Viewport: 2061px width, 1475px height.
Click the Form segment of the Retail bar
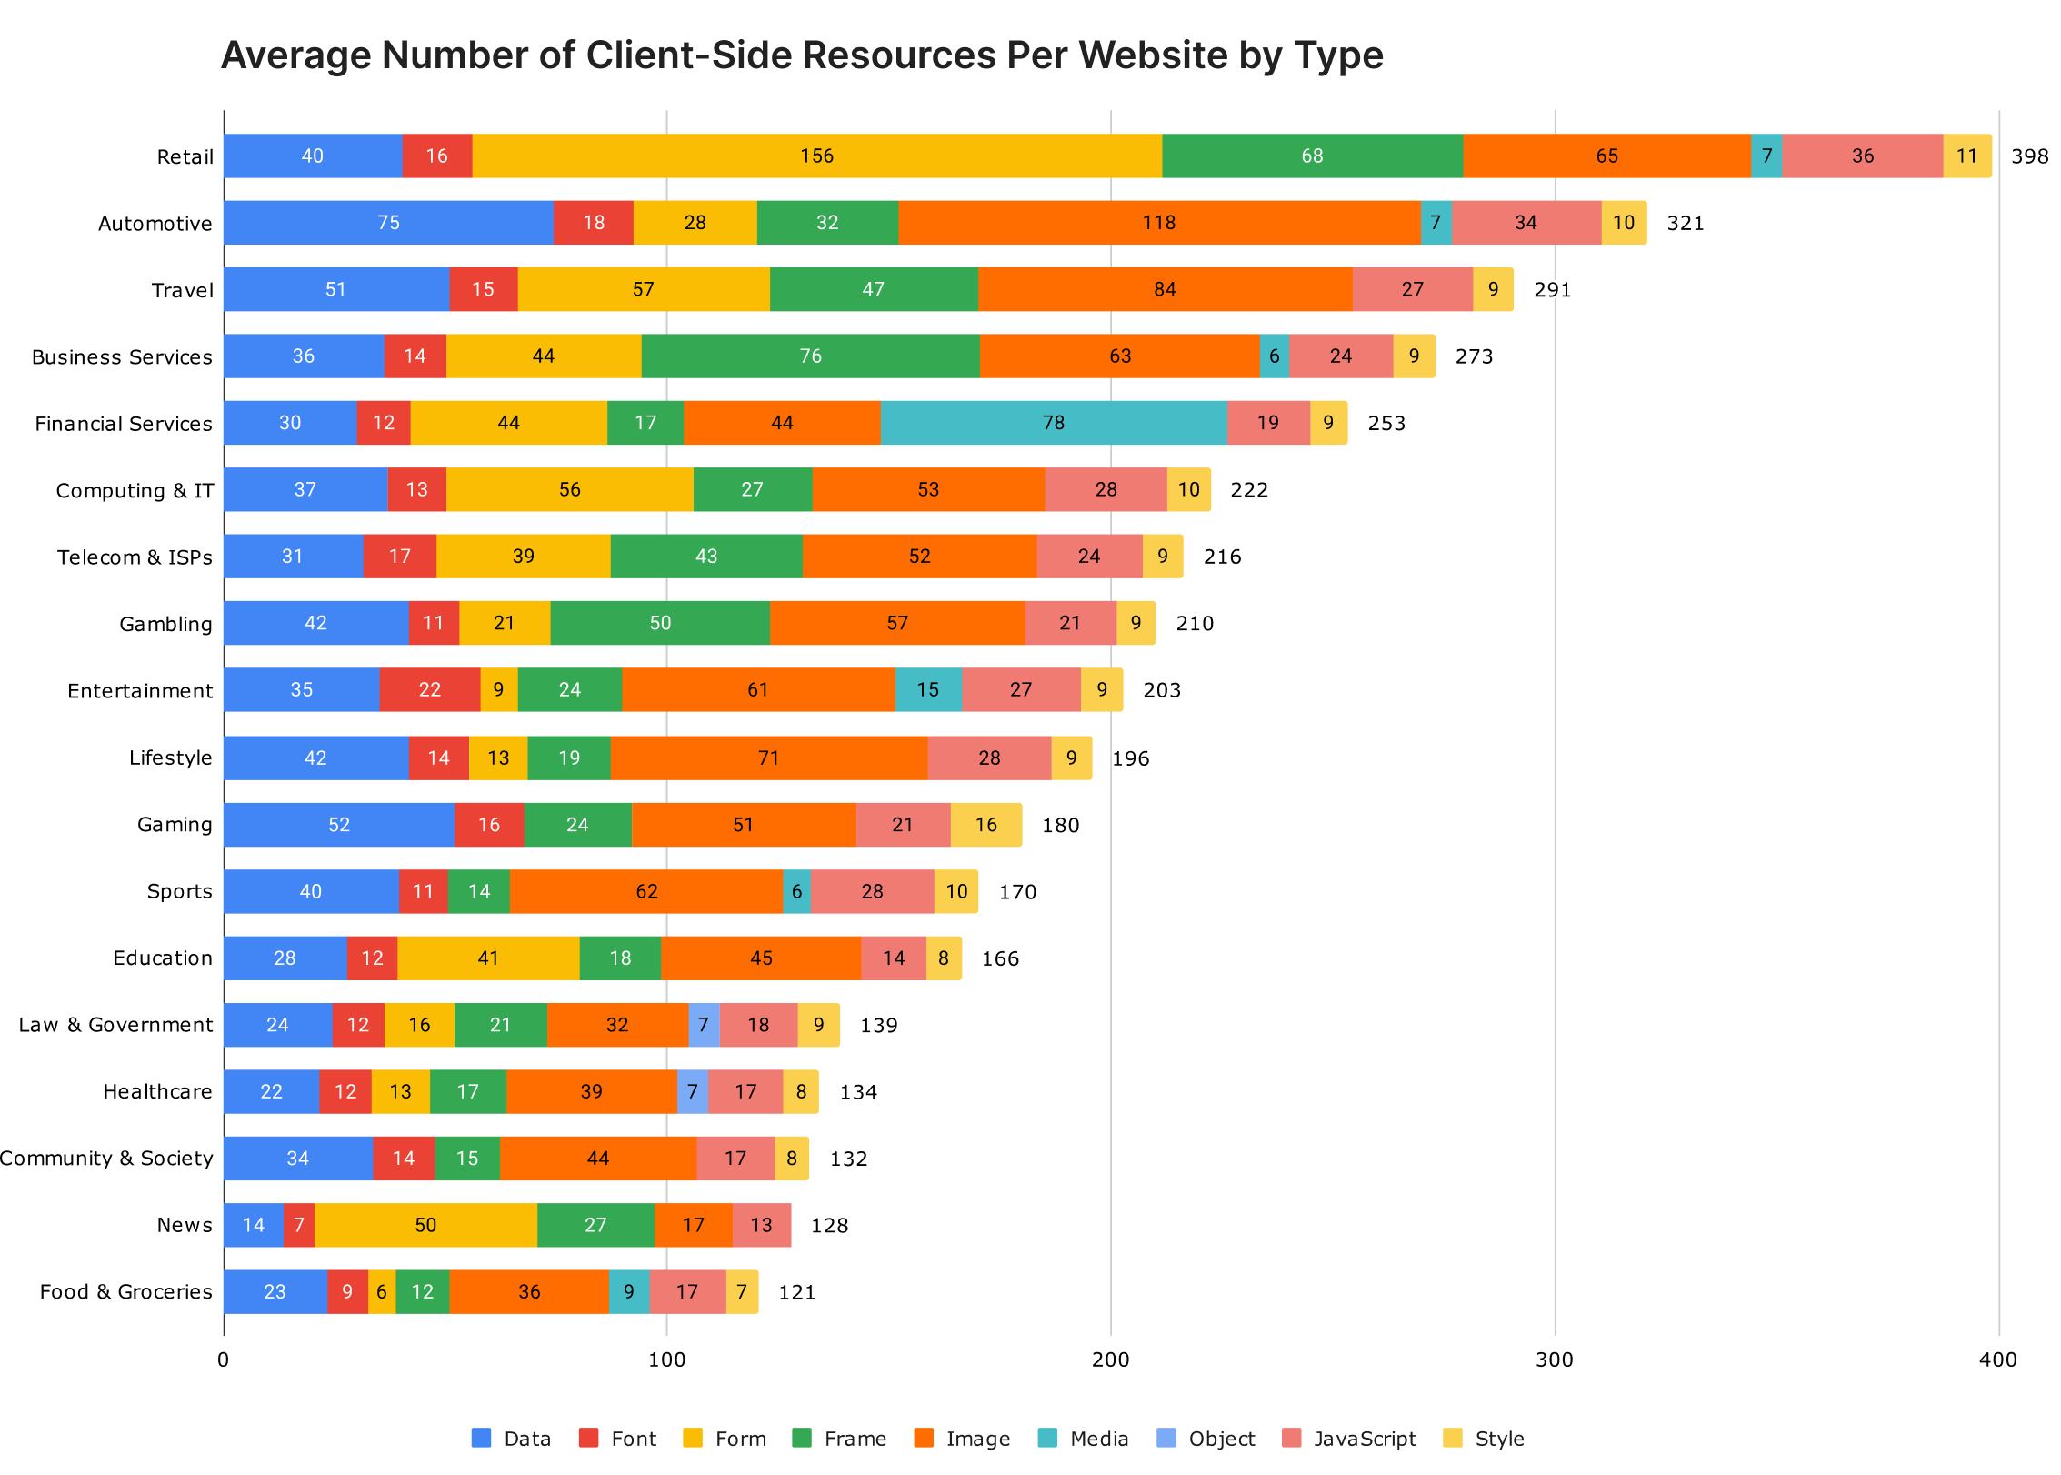(816, 156)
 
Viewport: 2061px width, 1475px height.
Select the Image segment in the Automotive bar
(1159, 223)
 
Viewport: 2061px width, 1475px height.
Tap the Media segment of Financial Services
(1053, 423)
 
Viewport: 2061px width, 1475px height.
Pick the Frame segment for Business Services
(810, 356)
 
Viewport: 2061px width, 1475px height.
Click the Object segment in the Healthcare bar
(693, 1091)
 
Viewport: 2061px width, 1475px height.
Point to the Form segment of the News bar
(425, 1225)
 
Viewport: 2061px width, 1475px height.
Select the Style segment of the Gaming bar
(986, 825)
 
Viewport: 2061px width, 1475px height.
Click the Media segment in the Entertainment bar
(928, 690)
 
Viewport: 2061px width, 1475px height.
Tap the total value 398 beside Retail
(2029, 156)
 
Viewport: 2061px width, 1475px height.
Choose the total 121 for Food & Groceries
(797, 1292)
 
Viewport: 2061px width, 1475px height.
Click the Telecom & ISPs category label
(135, 557)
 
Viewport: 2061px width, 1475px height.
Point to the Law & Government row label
(115, 1025)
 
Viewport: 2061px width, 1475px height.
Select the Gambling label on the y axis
(165, 624)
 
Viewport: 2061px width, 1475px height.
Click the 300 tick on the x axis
(1555, 1360)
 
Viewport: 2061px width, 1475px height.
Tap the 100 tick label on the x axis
(666, 1360)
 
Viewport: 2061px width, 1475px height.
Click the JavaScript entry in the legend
(1364, 1439)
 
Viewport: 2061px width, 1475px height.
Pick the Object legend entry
(1221, 1439)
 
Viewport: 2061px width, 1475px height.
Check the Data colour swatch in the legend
(482, 1438)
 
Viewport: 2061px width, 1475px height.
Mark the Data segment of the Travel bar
(335, 289)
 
